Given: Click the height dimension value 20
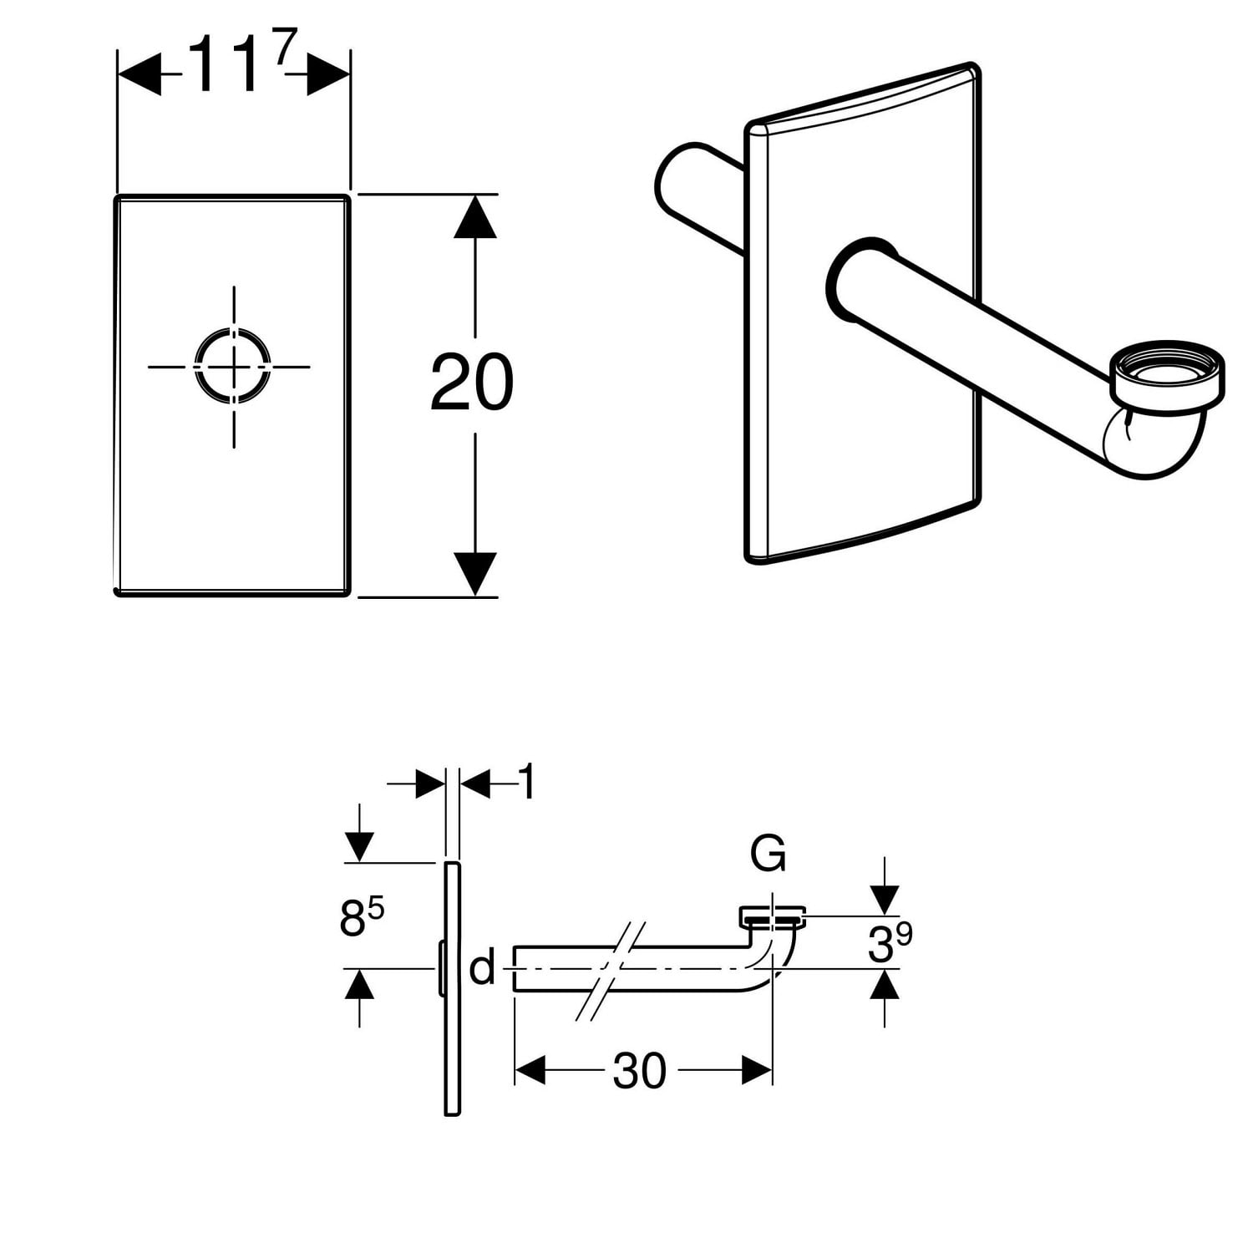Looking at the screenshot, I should (x=471, y=383).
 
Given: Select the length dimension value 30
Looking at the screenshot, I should (x=639, y=1070).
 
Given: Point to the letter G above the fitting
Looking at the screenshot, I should (x=768, y=854).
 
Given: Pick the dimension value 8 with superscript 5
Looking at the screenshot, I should (x=361, y=917).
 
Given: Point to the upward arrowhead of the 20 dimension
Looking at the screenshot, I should (x=475, y=216).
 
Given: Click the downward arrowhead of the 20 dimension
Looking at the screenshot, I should (x=475, y=575).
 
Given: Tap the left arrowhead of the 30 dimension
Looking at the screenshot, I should (x=530, y=1069).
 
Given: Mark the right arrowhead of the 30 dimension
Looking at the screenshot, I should (x=756, y=1069).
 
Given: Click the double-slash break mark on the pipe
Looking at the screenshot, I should (x=612, y=971).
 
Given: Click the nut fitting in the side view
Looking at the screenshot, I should (x=774, y=916).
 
